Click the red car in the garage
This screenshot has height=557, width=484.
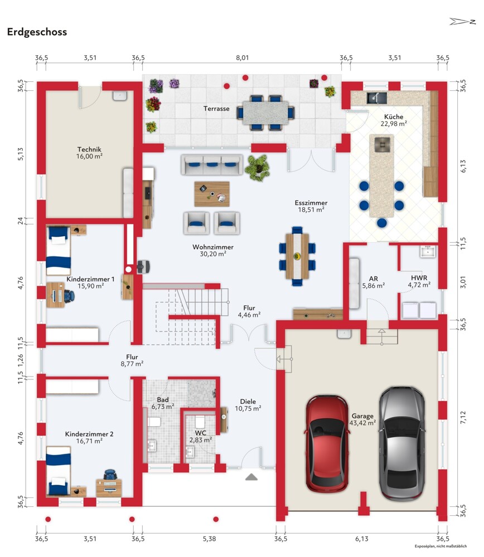326,443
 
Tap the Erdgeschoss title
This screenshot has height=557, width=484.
37,32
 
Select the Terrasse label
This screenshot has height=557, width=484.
216,109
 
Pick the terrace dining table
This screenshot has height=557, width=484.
265,113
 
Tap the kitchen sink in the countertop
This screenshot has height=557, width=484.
376,97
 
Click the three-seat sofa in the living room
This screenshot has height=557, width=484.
212,164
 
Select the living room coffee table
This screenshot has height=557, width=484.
212,194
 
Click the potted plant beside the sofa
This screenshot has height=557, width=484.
258,167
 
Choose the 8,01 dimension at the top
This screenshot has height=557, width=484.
242,57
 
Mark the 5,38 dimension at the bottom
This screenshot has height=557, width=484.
209,539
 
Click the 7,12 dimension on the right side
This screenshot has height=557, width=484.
463,417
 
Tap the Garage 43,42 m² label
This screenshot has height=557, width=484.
362,419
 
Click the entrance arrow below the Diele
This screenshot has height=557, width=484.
251,477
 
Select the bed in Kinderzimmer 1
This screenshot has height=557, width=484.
59,251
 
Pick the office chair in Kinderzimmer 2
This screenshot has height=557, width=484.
110,475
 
